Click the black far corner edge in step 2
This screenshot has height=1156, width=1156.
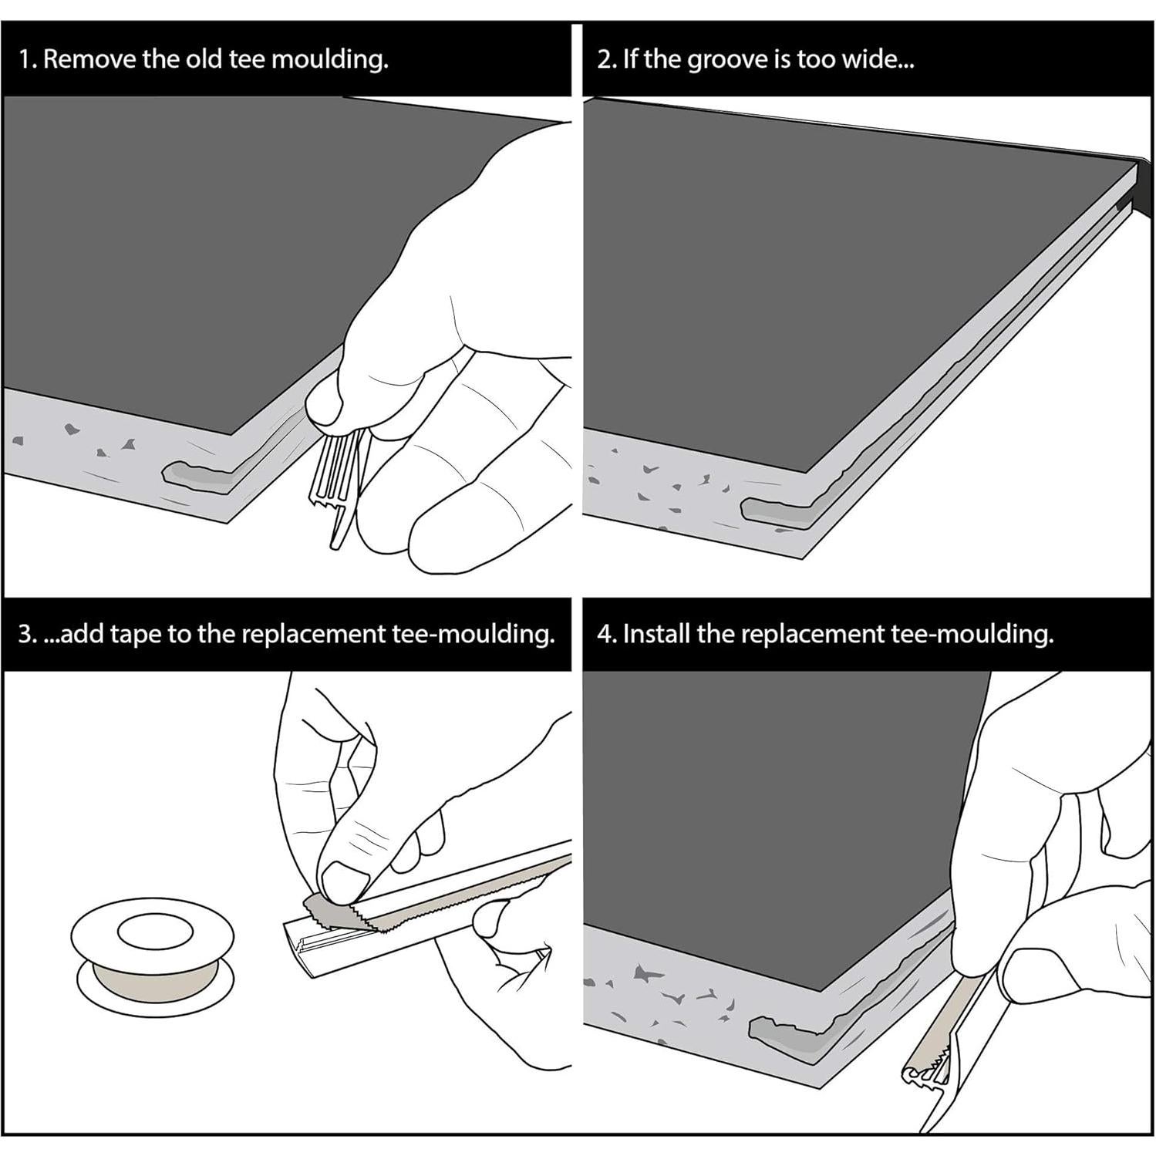[x=1137, y=181]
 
